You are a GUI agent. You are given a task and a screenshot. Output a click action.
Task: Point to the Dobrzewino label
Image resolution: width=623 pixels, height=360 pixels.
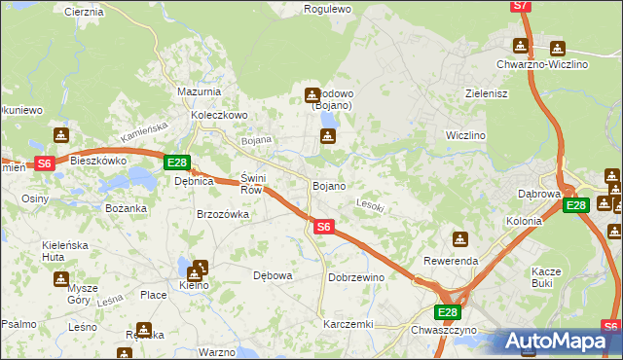[356, 277]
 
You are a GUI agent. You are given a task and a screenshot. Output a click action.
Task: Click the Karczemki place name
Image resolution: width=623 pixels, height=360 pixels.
[348, 323]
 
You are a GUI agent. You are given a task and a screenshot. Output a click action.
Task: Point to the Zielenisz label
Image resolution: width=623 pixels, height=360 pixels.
[489, 94]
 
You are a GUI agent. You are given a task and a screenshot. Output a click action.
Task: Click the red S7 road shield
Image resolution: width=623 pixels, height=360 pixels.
[522, 6]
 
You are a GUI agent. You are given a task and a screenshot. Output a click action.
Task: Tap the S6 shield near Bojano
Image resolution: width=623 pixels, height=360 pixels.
[325, 227]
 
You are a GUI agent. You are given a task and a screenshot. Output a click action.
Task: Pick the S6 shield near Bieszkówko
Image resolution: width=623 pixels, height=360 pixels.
[45, 163]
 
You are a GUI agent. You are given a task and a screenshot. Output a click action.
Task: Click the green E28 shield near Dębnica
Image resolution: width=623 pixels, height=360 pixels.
[176, 162]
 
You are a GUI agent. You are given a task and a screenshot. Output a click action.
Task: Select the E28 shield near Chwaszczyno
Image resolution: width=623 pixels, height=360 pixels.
[447, 311]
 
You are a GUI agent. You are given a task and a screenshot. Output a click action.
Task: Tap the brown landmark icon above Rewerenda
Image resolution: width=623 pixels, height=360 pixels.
[459, 239]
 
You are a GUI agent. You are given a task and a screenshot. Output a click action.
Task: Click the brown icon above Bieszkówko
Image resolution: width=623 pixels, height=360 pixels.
[61, 135]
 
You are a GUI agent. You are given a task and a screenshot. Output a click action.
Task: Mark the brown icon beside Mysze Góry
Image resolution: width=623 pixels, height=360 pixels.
[61, 279]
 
